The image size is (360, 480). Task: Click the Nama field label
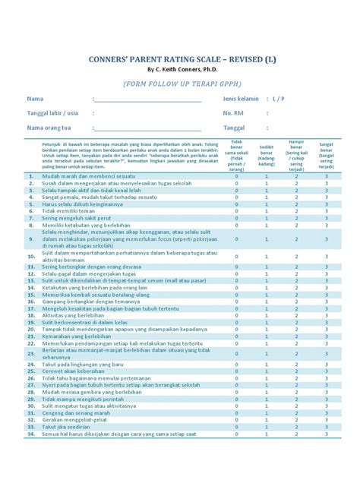[x=35, y=99]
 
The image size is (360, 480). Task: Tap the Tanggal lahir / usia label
[x=52, y=113]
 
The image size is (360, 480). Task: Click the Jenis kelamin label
[x=241, y=99]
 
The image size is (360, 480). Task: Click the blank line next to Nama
[x=148, y=99]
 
